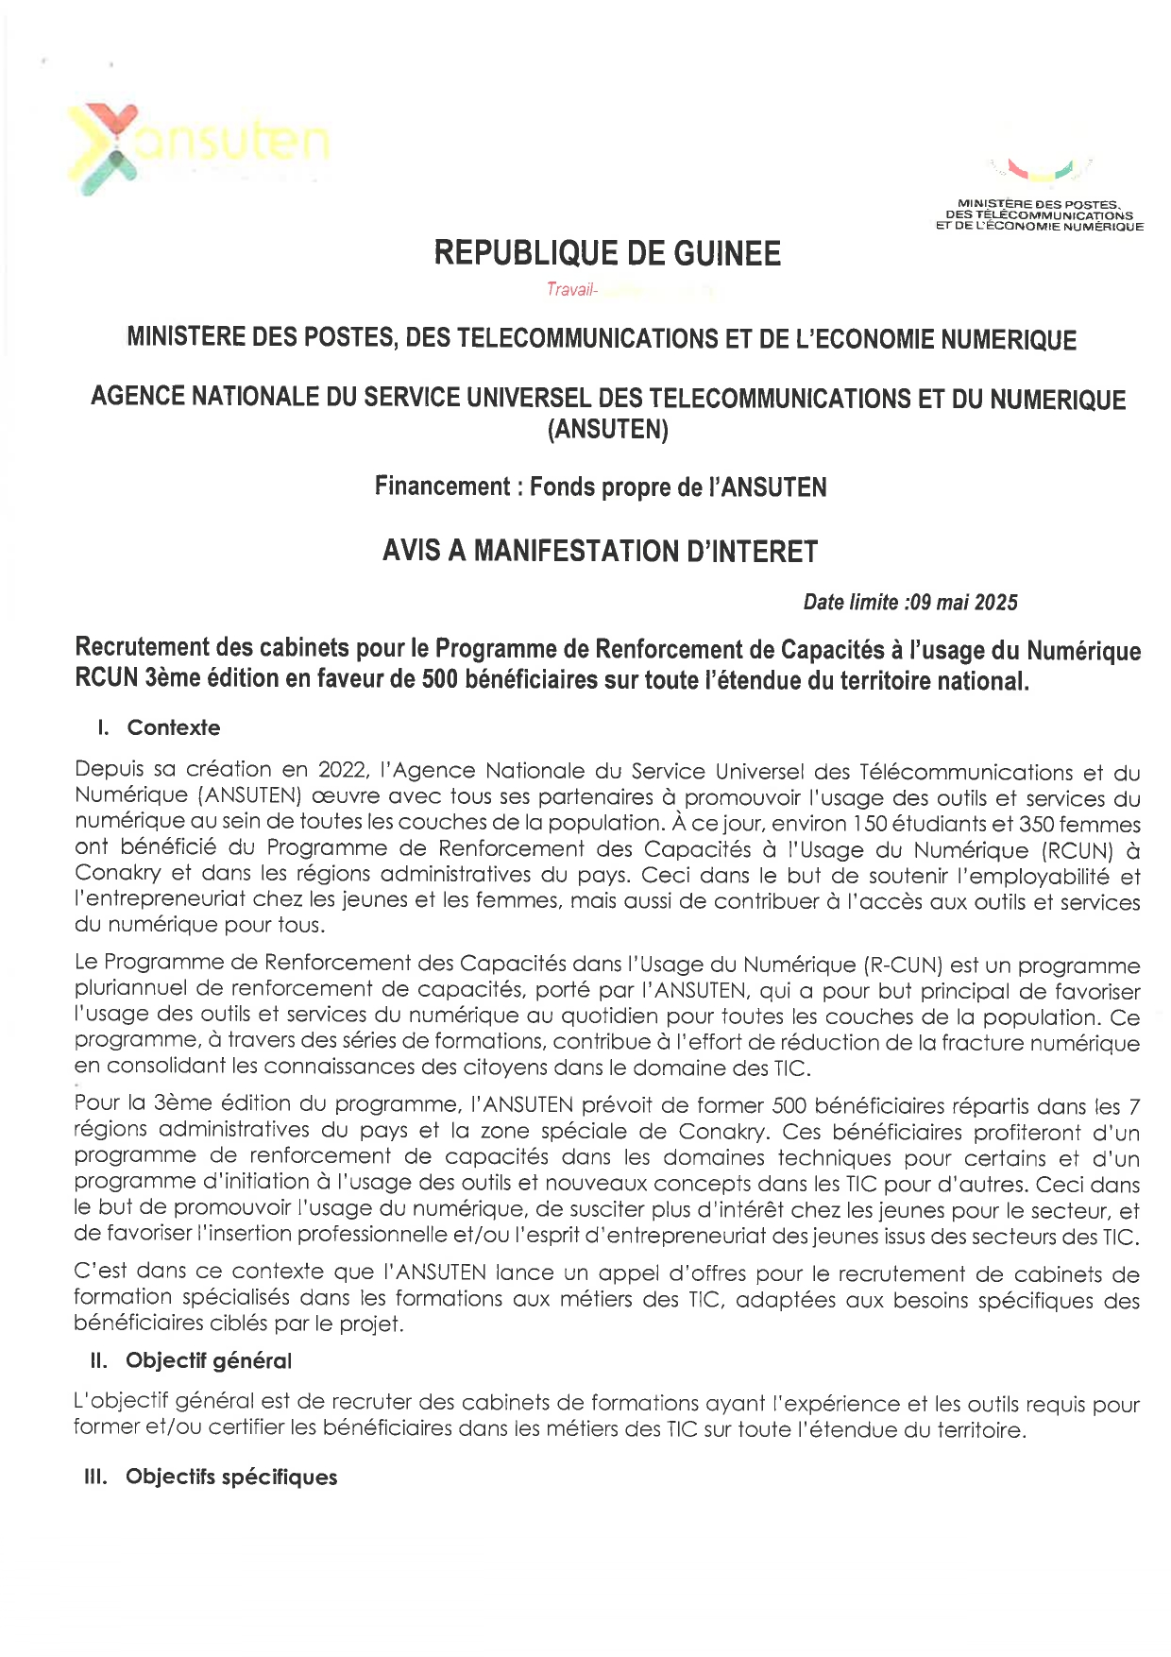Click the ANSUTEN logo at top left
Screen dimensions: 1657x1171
tap(198, 146)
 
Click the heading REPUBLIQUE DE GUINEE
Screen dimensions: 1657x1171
tap(607, 253)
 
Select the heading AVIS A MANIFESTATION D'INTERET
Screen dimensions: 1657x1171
tap(600, 551)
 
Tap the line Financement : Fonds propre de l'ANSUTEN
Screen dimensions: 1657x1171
tap(601, 487)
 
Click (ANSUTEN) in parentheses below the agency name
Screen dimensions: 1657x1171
tap(607, 430)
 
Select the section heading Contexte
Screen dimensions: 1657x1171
tap(174, 727)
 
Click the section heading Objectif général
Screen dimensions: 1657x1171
tap(209, 1360)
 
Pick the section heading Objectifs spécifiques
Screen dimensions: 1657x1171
tap(231, 1477)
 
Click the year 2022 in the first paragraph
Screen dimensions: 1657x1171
tap(342, 771)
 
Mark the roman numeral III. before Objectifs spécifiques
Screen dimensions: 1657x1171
tap(96, 1477)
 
